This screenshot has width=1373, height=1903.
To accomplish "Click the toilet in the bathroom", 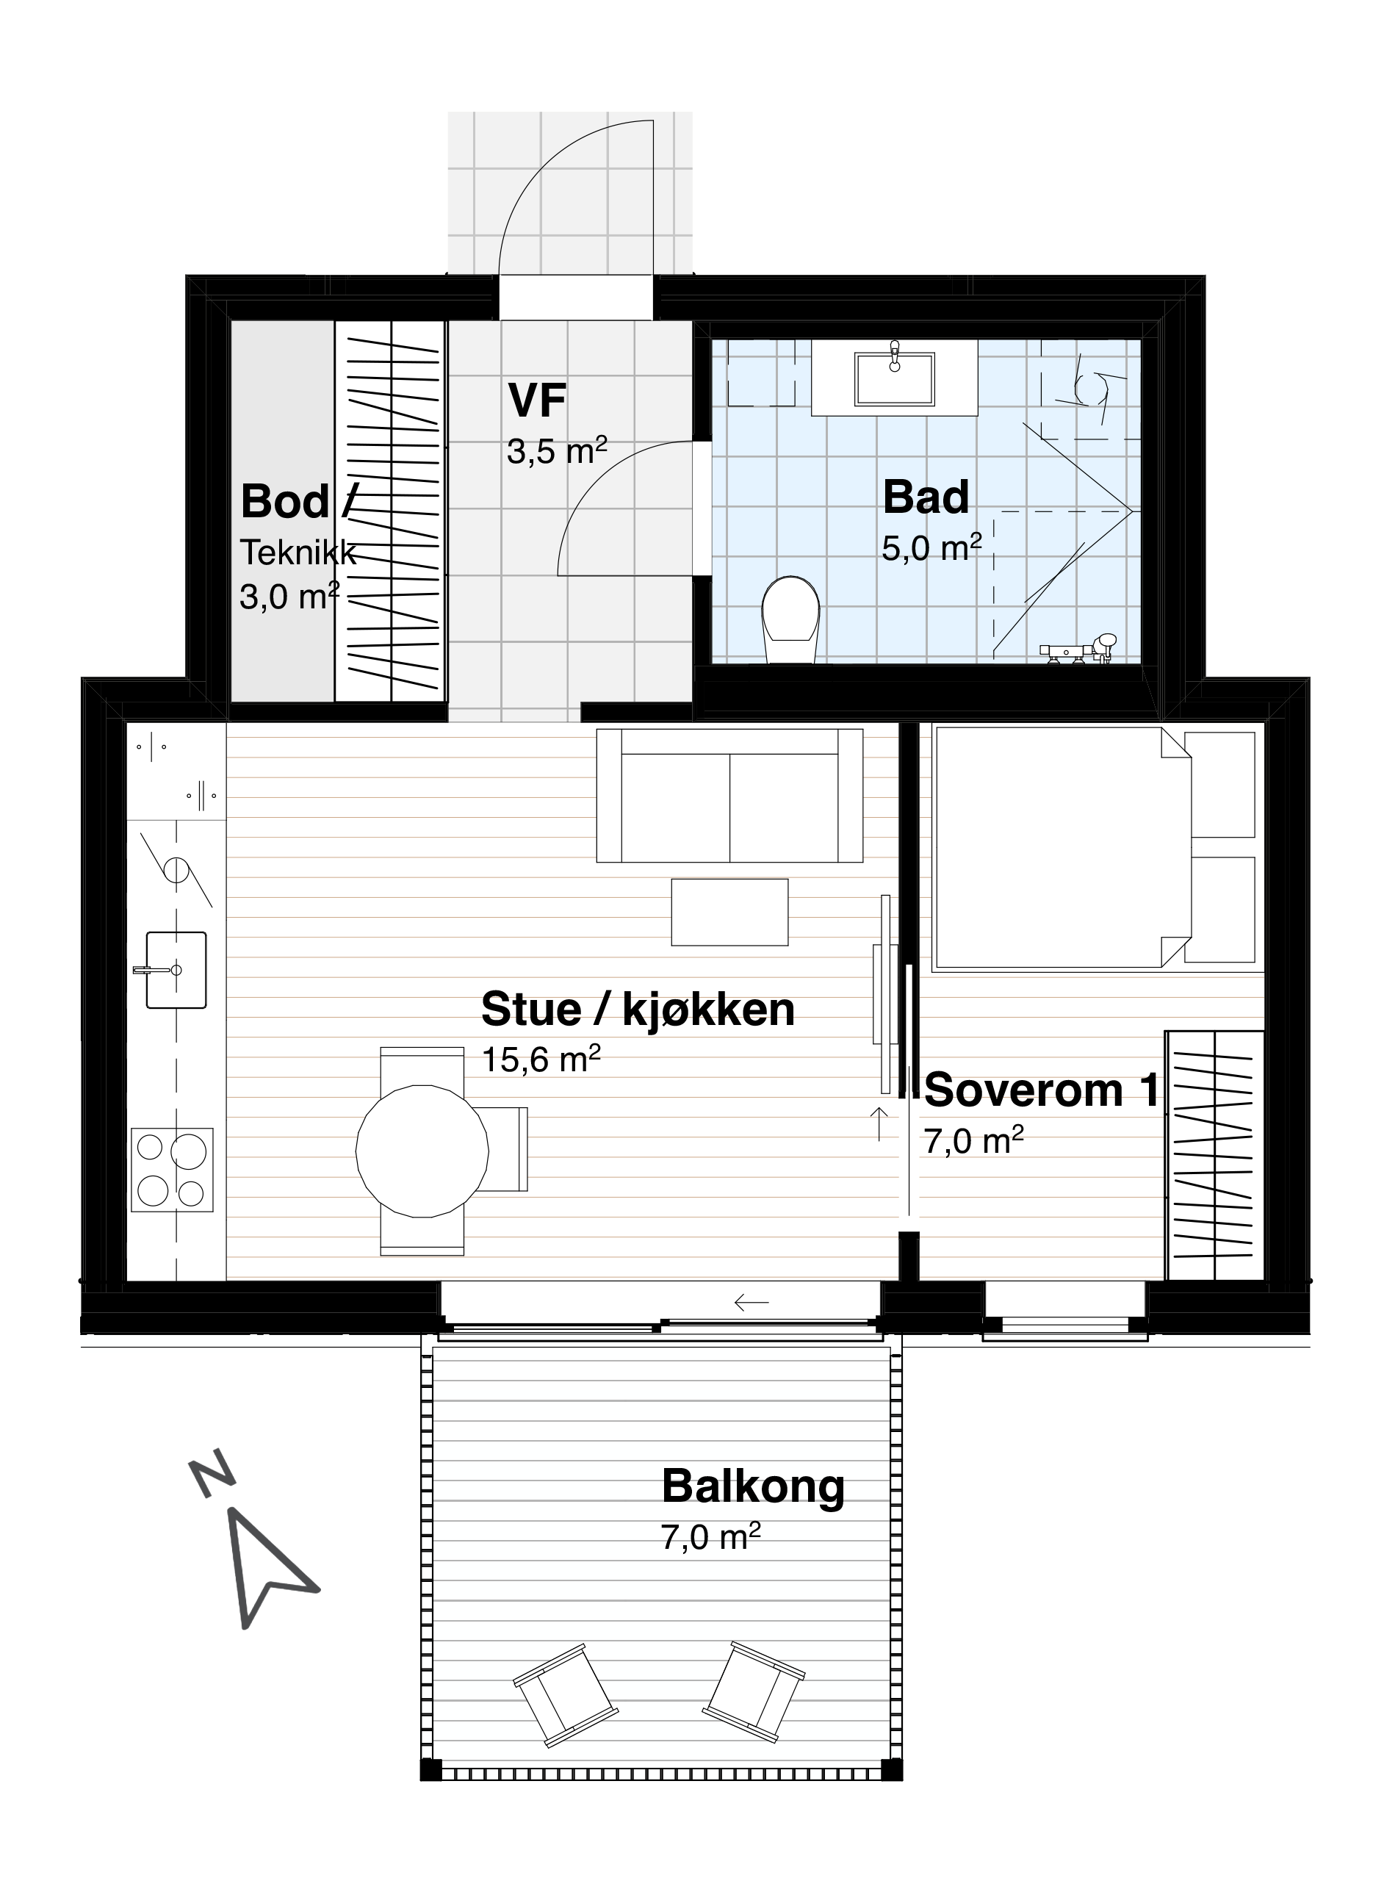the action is click(790, 619).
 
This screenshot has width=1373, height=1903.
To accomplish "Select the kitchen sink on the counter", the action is click(176, 969).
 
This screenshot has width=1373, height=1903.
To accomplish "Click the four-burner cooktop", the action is click(172, 1169).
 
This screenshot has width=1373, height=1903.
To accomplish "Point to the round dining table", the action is click(422, 1151).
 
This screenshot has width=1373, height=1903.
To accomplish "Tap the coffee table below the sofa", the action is click(729, 912).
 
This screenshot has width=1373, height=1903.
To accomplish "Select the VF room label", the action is click(537, 400).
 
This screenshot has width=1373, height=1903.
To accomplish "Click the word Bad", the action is click(926, 497).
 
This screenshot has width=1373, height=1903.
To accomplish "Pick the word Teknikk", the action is click(298, 553).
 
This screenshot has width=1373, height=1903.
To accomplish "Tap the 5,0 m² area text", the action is click(931, 549).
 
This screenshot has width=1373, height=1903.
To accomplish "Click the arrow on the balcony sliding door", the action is click(752, 1303).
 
